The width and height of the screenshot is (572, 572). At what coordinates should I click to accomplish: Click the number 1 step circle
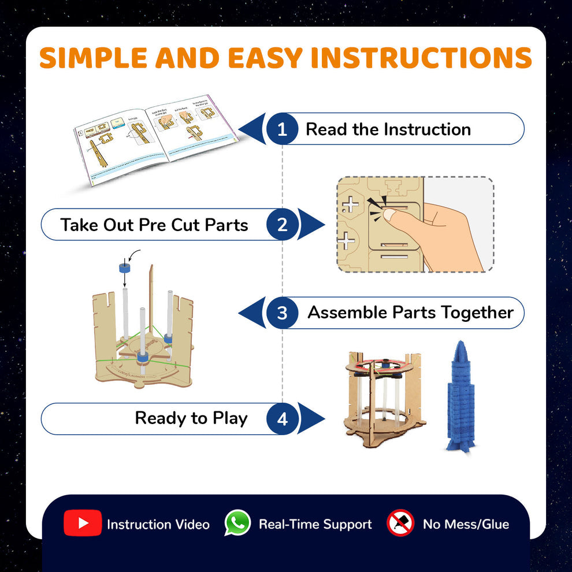[x=282, y=129]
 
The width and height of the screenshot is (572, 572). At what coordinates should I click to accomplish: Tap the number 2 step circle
[x=282, y=224]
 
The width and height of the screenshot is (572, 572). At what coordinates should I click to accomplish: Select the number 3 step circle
[x=282, y=313]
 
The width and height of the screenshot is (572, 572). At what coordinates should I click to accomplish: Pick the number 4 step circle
[x=282, y=419]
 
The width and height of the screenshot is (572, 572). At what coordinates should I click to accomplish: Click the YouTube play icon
[x=83, y=523]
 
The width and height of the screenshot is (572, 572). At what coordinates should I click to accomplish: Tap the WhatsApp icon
[x=237, y=523]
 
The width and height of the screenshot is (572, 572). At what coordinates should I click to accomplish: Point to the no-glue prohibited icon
[x=400, y=523]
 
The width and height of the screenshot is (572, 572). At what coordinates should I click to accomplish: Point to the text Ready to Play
[x=191, y=418]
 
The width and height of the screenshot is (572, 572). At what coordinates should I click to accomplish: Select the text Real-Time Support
[x=315, y=525]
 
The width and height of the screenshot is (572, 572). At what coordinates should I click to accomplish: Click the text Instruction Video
[x=158, y=525]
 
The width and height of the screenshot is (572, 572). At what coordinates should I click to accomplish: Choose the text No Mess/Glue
[x=466, y=525]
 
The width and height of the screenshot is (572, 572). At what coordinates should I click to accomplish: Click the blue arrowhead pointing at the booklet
[x=253, y=129]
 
